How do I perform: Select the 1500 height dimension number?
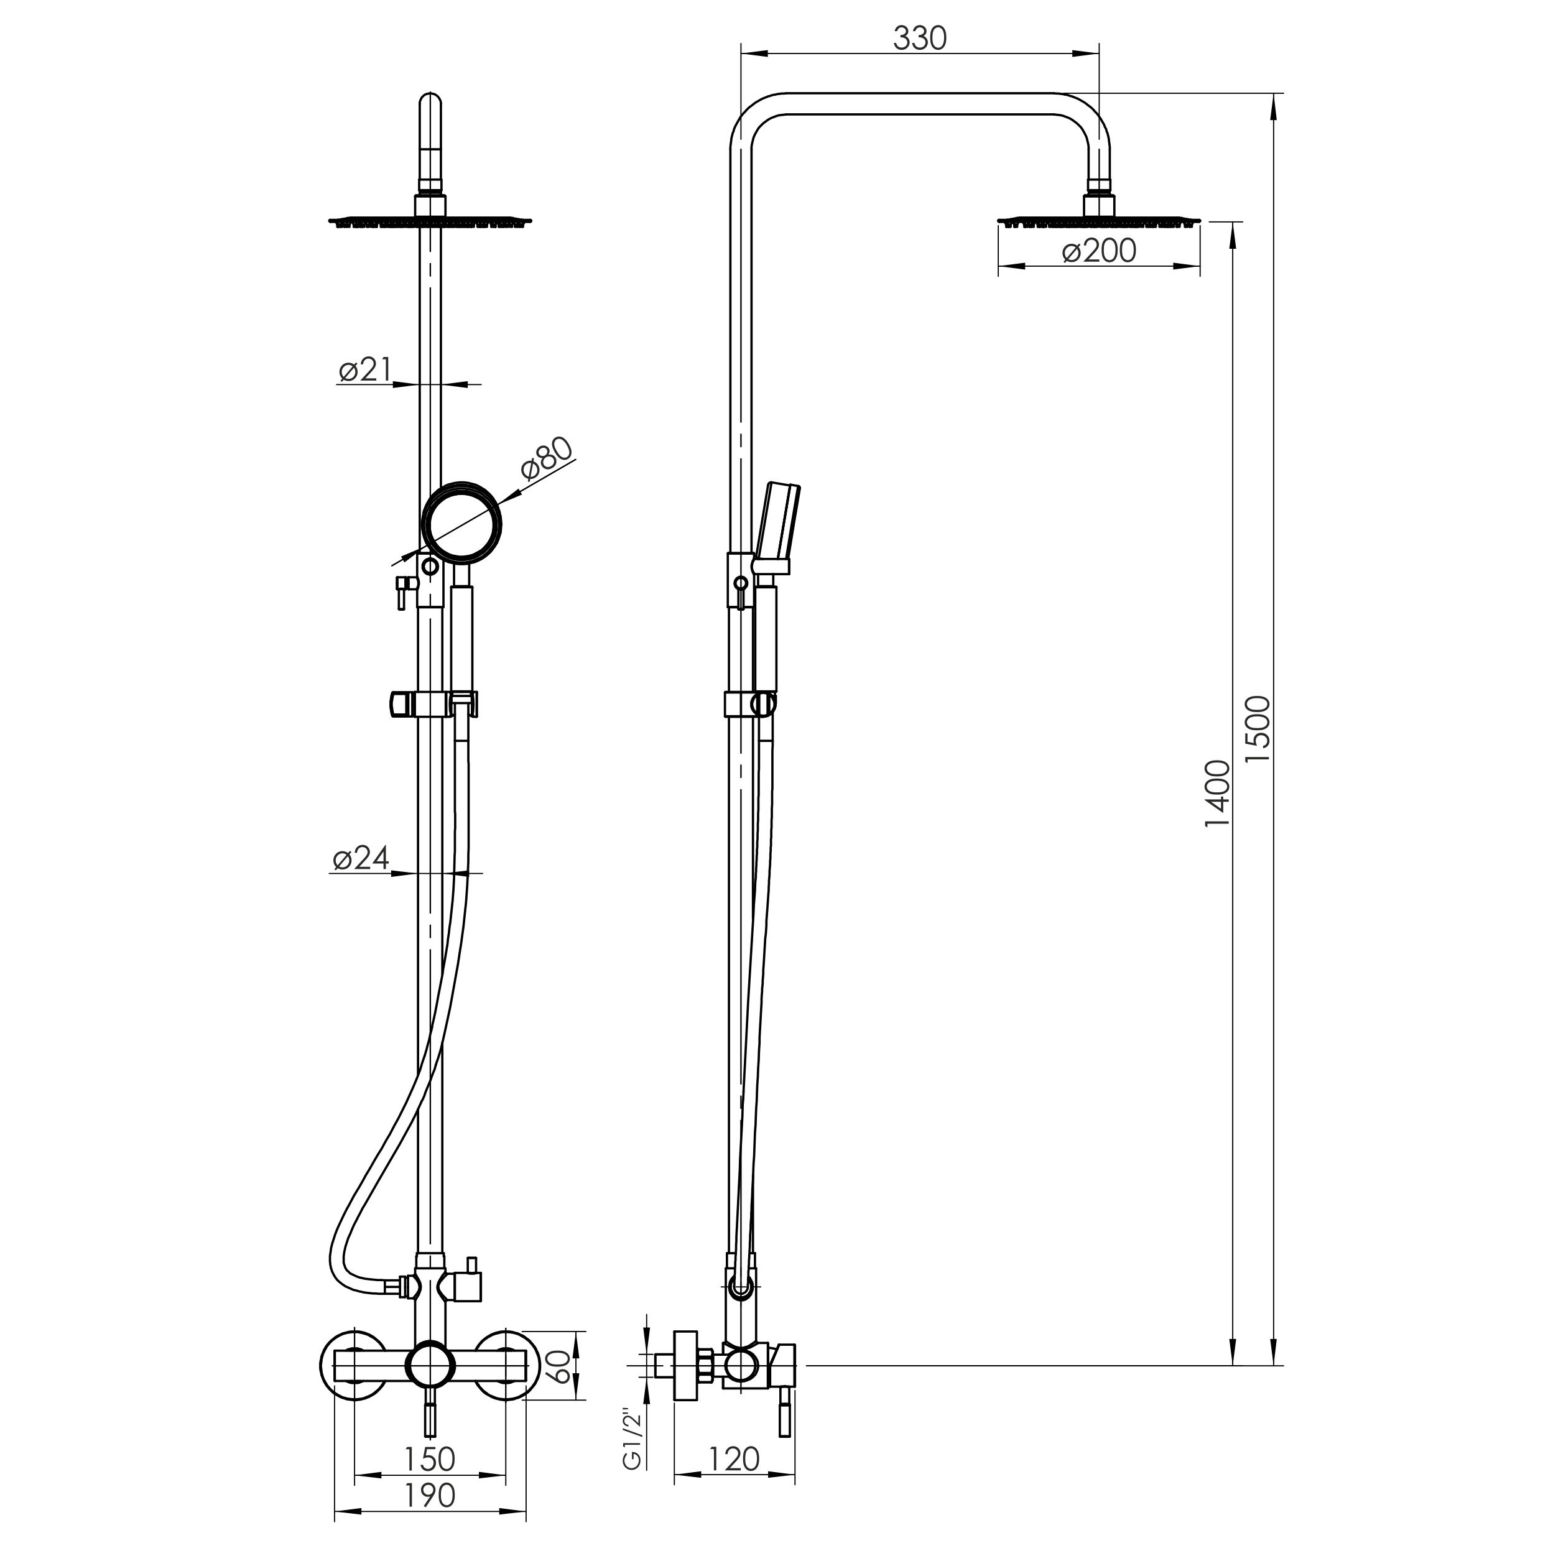(1257, 728)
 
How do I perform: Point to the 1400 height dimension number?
(1217, 794)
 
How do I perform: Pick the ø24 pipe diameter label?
(361, 858)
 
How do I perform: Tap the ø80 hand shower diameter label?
(547, 458)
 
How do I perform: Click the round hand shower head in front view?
(461, 522)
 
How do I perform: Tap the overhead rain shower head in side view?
(1099, 220)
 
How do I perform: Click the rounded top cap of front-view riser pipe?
(430, 104)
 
